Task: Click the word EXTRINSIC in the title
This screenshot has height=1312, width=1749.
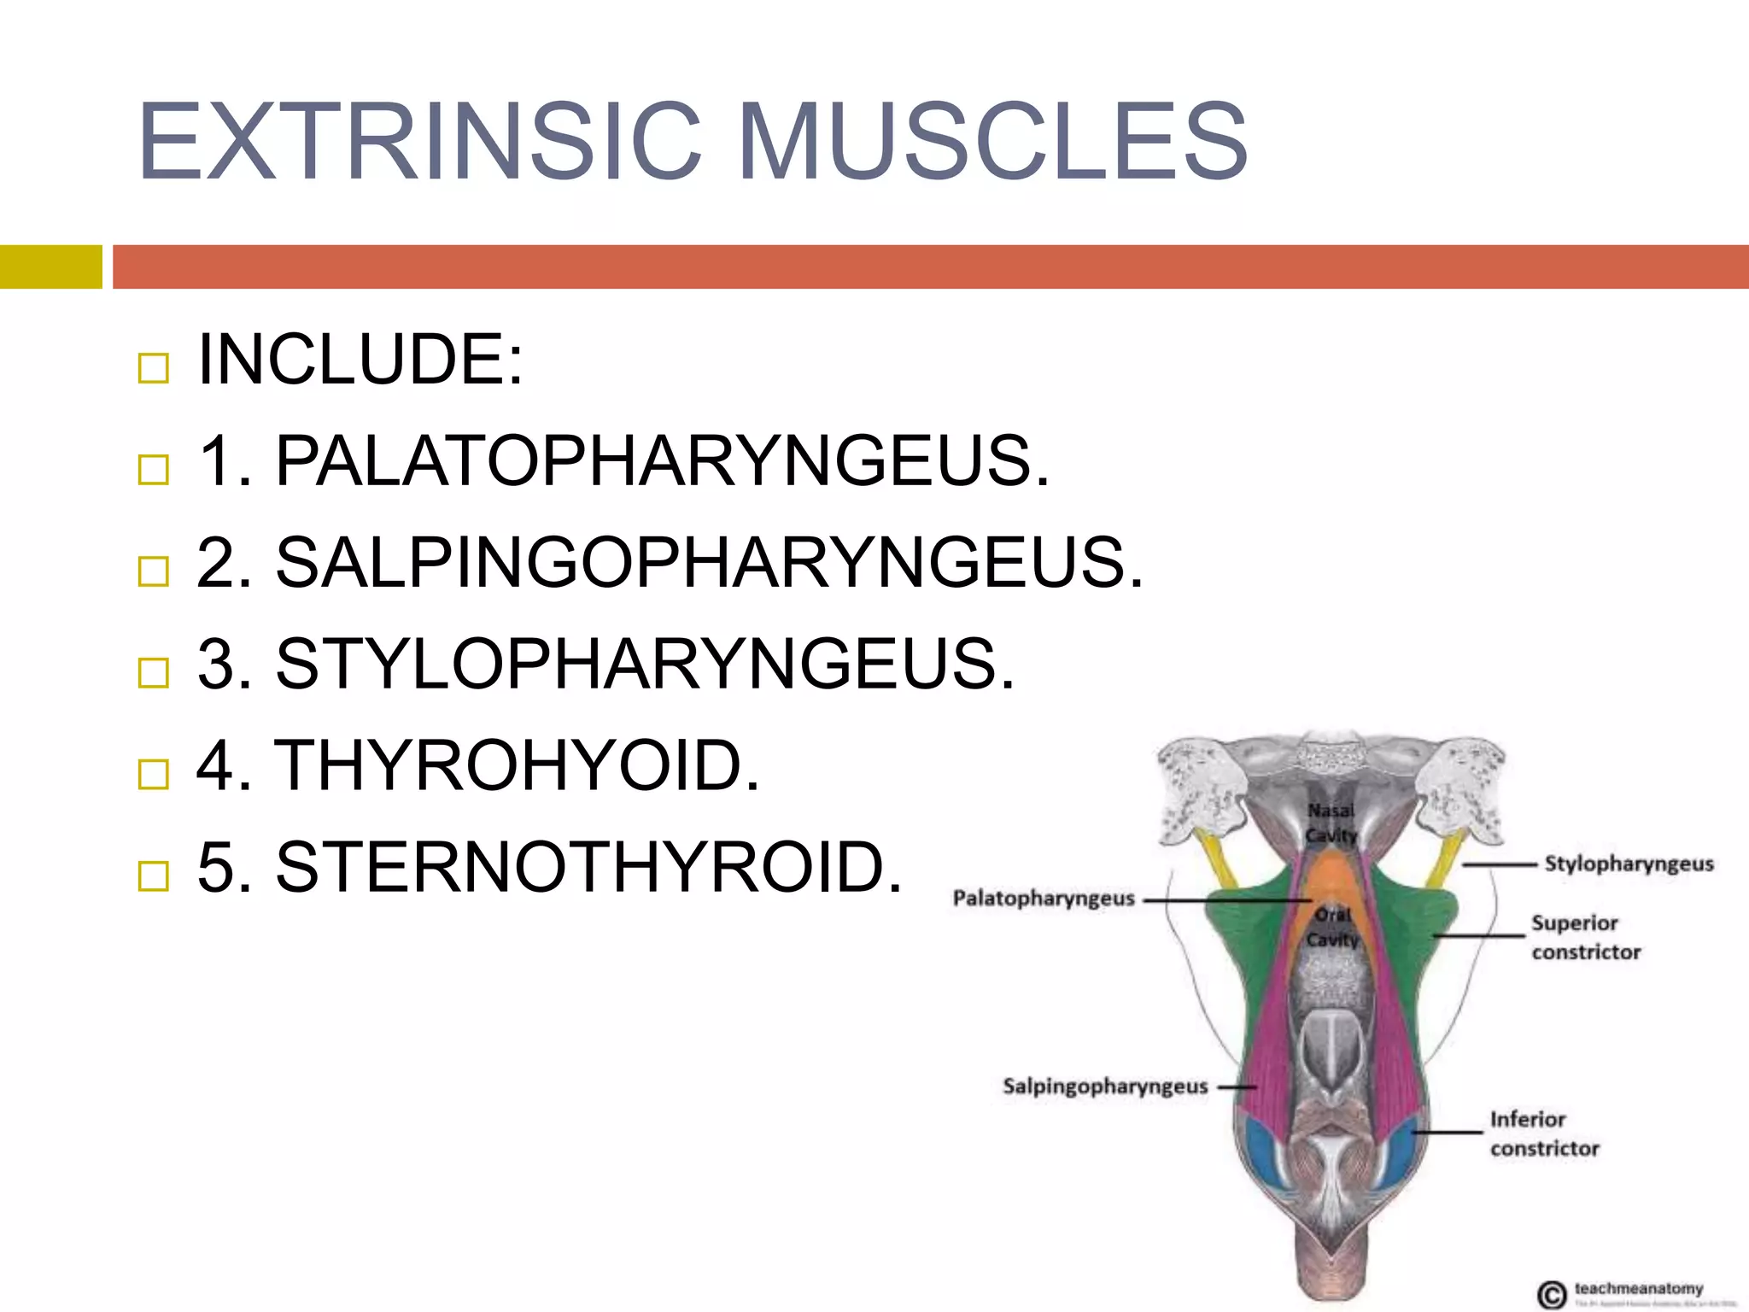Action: (x=419, y=141)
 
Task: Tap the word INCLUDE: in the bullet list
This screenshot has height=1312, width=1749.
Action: (x=360, y=360)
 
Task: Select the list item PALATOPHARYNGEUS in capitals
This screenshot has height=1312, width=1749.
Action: (x=661, y=461)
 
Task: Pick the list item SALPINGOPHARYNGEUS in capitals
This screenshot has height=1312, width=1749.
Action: (x=708, y=563)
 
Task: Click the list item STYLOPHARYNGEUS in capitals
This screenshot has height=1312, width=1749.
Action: (x=645, y=664)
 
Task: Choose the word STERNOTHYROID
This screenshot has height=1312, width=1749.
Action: (x=588, y=867)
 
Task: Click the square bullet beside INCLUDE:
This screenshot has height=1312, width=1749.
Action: (x=154, y=368)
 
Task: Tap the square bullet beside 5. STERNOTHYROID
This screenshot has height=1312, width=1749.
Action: (x=154, y=876)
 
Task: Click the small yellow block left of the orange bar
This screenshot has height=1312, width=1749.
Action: (x=50, y=266)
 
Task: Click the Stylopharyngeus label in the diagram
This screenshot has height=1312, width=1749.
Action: (x=1629, y=864)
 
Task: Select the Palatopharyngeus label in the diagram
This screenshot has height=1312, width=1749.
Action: (x=1044, y=899)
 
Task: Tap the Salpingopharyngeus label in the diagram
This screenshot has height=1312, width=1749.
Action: (x=1105, y=1086)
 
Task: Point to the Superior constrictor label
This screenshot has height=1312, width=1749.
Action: (x=1585, y=937)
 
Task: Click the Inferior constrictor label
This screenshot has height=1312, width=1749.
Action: (x=1544, y=1133)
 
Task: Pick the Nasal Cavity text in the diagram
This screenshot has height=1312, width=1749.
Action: (x=1331, y=823)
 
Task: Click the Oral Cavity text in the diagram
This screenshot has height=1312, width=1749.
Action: (x=1332, y=927)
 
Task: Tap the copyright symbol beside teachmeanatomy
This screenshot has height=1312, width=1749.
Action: (x=1552, y=1294)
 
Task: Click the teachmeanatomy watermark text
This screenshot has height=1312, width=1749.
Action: (x=1638, y=1288)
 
